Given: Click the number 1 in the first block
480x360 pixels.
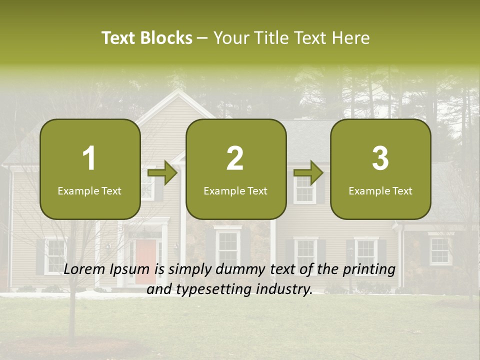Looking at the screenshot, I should tap(89, 158).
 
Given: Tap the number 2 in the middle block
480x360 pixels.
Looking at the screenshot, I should tap(235, 158).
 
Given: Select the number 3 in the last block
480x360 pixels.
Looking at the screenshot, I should tap(380, 158).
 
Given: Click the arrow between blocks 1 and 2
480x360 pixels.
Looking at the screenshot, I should tap(162, 173).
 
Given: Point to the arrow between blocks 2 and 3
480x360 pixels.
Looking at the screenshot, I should tap(308, 173).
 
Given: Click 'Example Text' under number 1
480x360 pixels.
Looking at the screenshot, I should tap(89, 191).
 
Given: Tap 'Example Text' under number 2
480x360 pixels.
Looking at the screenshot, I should tap(235, 191).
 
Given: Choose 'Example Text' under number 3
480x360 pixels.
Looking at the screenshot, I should tap(380, 191).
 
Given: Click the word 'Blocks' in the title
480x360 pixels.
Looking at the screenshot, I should tap(166, 38).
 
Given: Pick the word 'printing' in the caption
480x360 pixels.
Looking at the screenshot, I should tap(368, 269).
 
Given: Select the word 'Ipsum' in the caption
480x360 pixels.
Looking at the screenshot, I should tap(130, 269).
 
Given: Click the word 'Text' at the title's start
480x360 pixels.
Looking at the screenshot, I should tap(118, 38).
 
